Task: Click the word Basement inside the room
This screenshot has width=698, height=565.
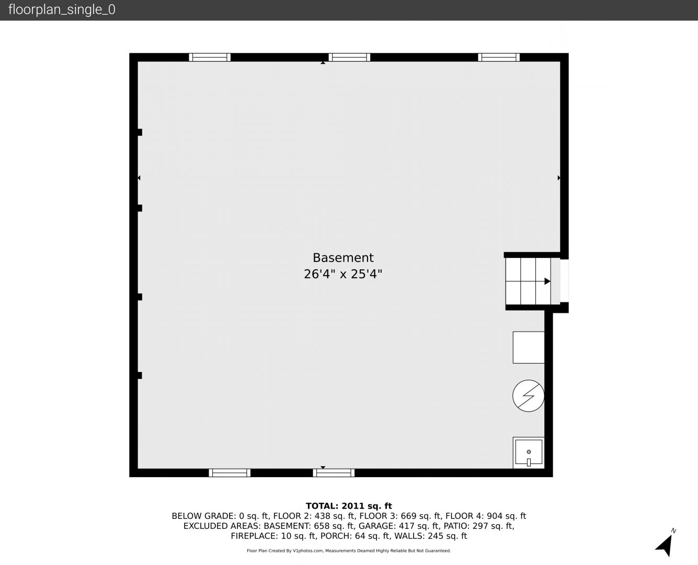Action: [343, 258]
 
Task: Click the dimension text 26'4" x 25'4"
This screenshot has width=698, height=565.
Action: [343, 274]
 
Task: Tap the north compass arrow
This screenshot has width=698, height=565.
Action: [665, 545]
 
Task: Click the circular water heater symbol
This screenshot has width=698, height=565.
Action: [528, 395]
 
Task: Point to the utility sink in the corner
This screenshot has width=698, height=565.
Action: [529, 453]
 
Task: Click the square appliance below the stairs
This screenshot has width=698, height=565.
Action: [529, 347]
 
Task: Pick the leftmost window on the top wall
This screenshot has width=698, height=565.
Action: [210, 58]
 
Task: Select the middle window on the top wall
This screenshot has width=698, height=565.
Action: [349, 58]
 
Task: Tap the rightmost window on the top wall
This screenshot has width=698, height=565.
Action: [499, 58]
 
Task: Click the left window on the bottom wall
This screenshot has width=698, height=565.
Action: [230, 472]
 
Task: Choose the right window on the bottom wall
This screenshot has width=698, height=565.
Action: [334, 472]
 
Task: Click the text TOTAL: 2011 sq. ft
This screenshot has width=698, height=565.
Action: [349, 506]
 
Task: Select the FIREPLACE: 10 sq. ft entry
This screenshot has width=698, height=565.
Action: [274, 536]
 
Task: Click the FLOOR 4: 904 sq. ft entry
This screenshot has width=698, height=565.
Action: [486, 516]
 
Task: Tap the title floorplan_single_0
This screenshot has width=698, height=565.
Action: [62, 10]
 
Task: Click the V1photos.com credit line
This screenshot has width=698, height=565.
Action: [349, 550]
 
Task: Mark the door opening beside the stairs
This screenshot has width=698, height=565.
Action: [564, 280]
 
